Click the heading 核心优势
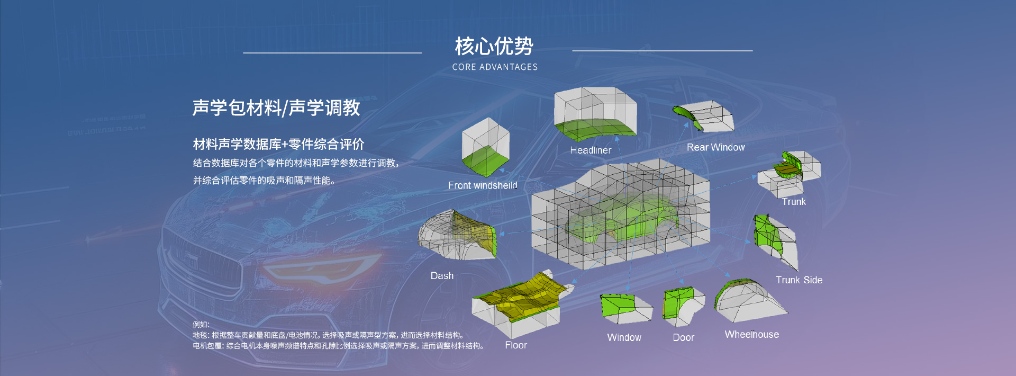tap(494, 46)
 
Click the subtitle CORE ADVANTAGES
tap(495, 67)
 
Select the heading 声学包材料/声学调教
tap(276, 108)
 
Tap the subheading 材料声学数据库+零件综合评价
tap(278, 144)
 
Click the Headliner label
tap(591, 150)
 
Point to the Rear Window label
tap(715, 147)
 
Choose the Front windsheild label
tap(483, 185)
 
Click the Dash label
tap(442, 276)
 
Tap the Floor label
tap(516, 345)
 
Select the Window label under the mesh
tap(624, 338)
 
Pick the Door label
tap(684, 338)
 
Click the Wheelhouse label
tap(752, 335)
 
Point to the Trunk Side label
tap(799, 280)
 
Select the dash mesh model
tap(458, 235)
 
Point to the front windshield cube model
tap(485, 147)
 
